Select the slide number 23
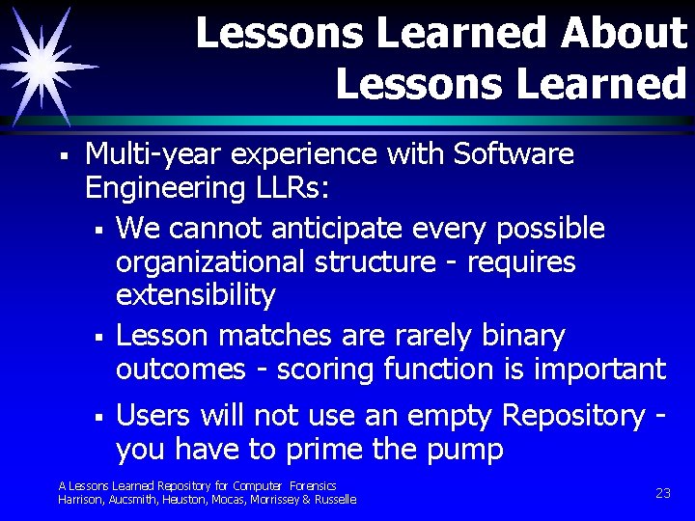[663, 492]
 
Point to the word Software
[514, 154]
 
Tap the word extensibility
[195, 295]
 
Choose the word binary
[516, 337]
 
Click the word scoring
[321, 370]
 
